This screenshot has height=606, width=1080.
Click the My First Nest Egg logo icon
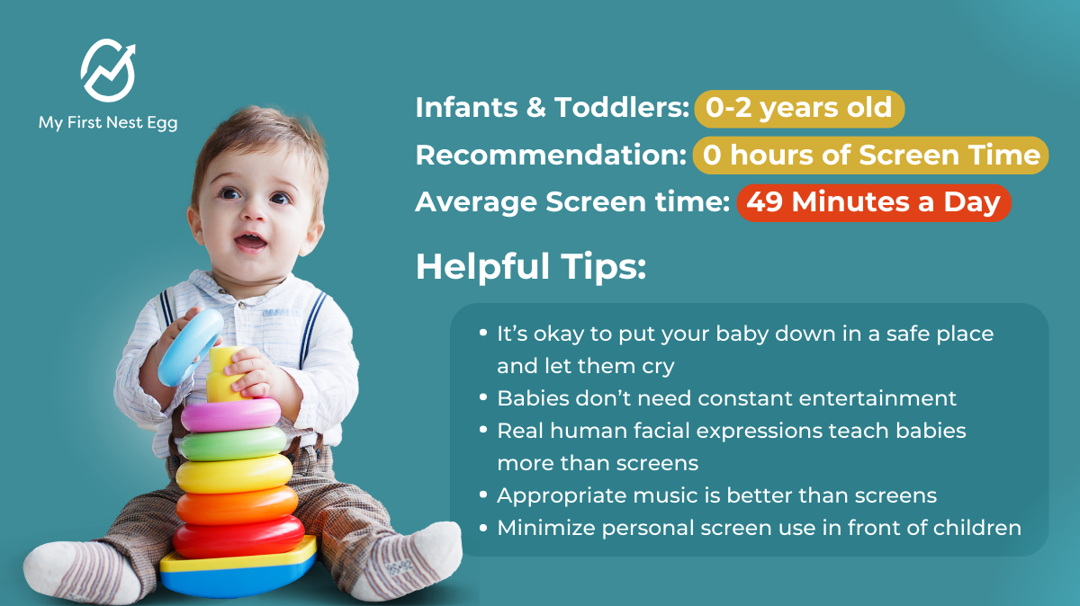pos(108,70)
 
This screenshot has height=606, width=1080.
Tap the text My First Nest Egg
pos(108,123)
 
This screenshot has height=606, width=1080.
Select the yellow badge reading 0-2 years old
pos(799,109)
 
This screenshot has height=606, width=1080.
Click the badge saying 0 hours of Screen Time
pos(870,156)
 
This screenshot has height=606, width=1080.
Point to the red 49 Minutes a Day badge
pos(874,202)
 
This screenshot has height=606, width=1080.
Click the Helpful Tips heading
pos(531,266)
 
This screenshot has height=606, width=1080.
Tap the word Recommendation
pos(551,156)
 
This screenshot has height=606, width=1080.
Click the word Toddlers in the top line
pos(622,107)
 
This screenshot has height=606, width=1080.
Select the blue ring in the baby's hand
pos(191,347)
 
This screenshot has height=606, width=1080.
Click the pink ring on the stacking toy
pos(230,415)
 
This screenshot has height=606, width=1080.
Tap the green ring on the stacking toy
pos(233,443)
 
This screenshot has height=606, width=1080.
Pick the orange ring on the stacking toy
pos(237,505)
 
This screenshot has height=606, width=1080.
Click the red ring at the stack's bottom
pos(238,537)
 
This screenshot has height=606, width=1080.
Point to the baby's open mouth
pos(249,241)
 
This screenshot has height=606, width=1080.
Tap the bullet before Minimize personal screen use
pos(483,527)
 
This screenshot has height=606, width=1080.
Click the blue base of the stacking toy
pos(238,581)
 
